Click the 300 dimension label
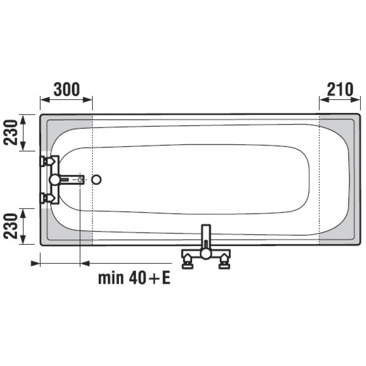point(67,89)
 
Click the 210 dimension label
point(340,89)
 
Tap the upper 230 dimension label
point(11,132)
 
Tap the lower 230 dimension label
point(11,226)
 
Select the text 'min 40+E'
point(134,278)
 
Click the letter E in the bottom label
point(166,278)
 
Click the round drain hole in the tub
point(96,180)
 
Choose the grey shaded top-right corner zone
point(339,131)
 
